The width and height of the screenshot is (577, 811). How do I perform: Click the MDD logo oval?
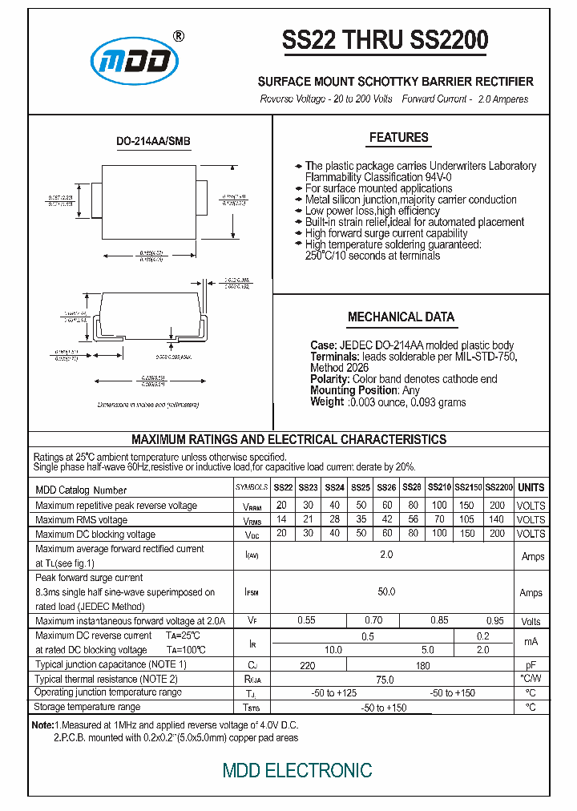coord(135,63)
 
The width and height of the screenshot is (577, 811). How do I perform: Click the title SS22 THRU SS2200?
coord(385,41)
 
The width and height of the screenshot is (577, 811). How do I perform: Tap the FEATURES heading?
coord(398,138)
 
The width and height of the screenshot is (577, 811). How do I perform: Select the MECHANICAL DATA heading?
coord(401,317)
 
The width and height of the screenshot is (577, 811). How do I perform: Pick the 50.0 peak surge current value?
coord(386,592)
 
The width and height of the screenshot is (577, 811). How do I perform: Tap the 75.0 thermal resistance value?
coord(385,680)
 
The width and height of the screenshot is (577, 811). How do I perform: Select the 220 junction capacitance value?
coord(308,665)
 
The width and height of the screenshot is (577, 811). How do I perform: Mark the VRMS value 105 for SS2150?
coord(467,519)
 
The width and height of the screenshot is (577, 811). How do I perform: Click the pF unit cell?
coord(531,665)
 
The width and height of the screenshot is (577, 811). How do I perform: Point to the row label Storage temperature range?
coord(87,708)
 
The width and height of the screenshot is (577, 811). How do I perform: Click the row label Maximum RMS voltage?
coord(81,520)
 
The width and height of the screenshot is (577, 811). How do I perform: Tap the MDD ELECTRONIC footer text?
coord(297,771)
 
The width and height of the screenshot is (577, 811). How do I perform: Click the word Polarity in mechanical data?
coord(329,379)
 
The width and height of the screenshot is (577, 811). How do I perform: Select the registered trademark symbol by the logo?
coord(178,36)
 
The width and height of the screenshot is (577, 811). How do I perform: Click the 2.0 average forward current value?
coord(386,555)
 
